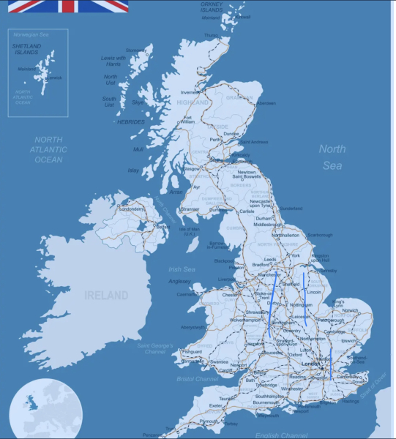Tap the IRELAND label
click(x=105, y=296)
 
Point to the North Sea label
click(x=331, y=157)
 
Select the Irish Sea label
click(x=181, y=269)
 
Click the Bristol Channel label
click(x=198, y=379)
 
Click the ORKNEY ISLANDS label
click(x=212, y=7)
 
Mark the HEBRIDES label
click(x=131, y=122)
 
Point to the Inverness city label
click(x=190, y=92)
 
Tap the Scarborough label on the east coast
click(x=319, y=235)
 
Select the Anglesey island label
click(x=179, y=280)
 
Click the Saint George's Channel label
click(x=153, y=347)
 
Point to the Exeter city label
click(x=215, y=405)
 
